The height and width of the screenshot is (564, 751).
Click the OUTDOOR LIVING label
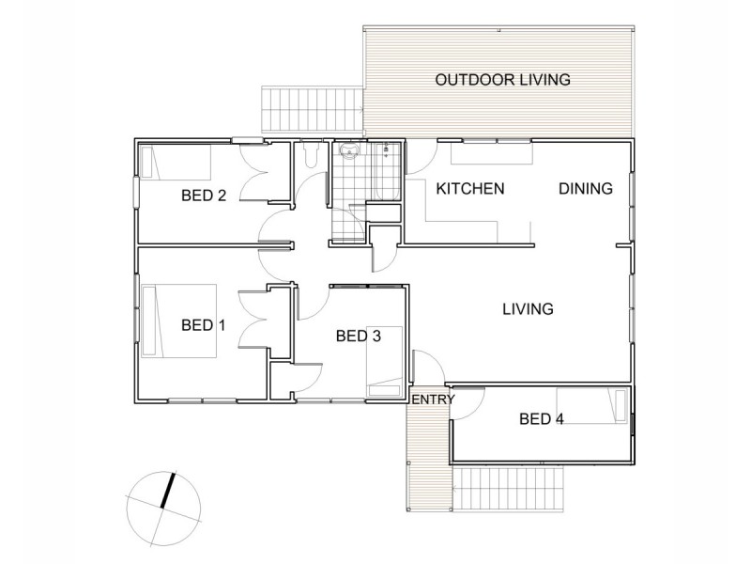pos(502,80)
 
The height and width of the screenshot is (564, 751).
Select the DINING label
pos(586,189)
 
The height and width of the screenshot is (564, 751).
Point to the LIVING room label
pos(527,308)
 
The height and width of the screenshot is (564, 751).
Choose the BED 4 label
pos(542,419)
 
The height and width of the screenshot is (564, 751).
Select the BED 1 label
pos(204,326)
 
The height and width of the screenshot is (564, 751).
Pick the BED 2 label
pos(204,196)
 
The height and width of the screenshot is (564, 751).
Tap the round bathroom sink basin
pos(349,153)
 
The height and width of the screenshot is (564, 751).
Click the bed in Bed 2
pos(176,163)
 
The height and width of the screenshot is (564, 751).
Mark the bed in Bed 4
pos(591,405)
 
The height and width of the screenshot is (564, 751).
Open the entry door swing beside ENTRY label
pos(425,366)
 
